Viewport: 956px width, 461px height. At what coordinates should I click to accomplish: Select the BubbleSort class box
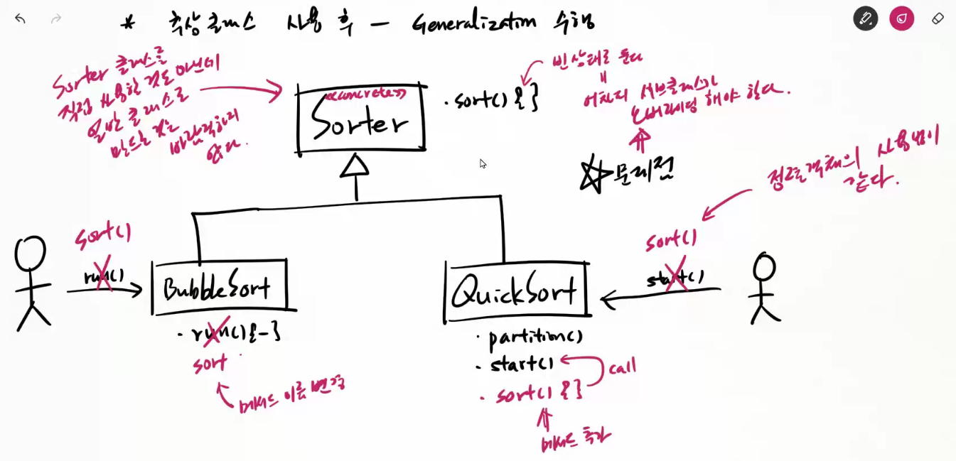tap(220, 288)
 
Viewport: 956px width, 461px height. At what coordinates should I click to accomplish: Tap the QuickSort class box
tap(517, 290)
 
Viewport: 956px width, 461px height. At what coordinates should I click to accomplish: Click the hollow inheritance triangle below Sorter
tap(355, 166)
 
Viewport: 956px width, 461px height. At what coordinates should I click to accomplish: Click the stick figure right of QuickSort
tap(765, 288)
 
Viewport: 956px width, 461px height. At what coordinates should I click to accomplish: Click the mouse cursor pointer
tap(483, 163)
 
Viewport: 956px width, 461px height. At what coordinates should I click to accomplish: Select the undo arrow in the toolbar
tap(20, 18)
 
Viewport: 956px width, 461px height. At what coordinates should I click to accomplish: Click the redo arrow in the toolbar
tap(56, 18)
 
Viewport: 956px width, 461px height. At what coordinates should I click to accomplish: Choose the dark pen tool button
tap(865, 18)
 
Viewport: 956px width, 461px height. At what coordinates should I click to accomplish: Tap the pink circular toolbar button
tap(901, 18)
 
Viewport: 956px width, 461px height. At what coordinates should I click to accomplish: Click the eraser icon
tap(938, 18)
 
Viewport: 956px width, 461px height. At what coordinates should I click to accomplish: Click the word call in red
tap(622, 367)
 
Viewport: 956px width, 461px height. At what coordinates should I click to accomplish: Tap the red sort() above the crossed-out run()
tap(103, 235)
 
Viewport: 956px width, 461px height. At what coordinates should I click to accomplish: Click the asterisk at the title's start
tap(128, 24)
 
